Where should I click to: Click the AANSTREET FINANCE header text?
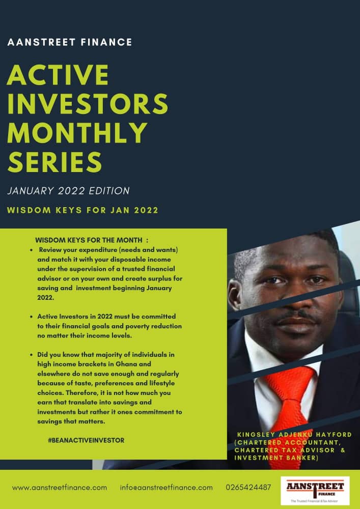point(69,42)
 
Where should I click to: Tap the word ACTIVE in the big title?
point(58,75)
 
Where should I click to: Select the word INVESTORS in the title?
point(87,103)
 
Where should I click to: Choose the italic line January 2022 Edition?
point(69,191)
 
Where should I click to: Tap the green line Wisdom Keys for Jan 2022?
point(83,210)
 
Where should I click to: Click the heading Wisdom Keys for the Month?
point(92,241)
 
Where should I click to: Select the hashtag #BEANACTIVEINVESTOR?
point(86,440)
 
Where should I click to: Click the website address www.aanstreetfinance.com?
point(60,488)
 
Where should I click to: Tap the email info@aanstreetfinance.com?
point(166,488)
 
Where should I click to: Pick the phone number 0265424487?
point(248,488)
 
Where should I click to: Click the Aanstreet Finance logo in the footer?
point(315,491)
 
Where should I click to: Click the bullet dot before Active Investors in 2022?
point(31,316)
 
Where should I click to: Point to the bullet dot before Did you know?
point(31,355)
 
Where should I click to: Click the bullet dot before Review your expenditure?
point(31,250)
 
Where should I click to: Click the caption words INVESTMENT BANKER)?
point(276,458)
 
